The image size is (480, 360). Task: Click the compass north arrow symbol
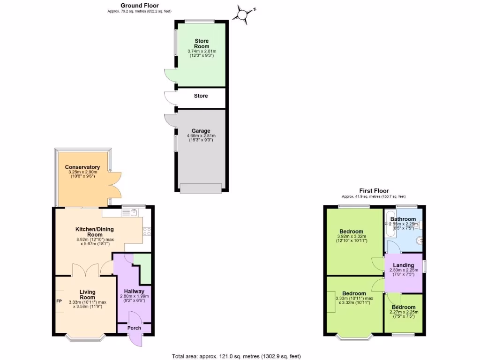coord(242,15)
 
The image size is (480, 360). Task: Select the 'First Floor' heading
coord(374,191)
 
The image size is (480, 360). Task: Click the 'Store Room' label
coord(202,44)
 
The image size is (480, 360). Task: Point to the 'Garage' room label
coord(201,131)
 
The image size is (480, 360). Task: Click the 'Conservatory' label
coord(82,167)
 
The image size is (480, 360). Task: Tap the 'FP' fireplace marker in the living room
coord(60,301)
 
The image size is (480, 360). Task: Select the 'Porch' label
coord(135,328)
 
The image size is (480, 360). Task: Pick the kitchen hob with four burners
coord(146,231)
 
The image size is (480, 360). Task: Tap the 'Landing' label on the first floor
coord(404,265)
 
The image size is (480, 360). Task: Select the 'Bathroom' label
coord(403,219)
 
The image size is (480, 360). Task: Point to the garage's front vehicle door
coord(201,188)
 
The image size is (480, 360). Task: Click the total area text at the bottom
coord(236,356)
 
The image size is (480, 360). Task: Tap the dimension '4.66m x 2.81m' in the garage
coord(201,136)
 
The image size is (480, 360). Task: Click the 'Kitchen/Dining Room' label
coord(95,232)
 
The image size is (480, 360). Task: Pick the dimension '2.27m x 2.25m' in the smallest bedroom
coord(404,312)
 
